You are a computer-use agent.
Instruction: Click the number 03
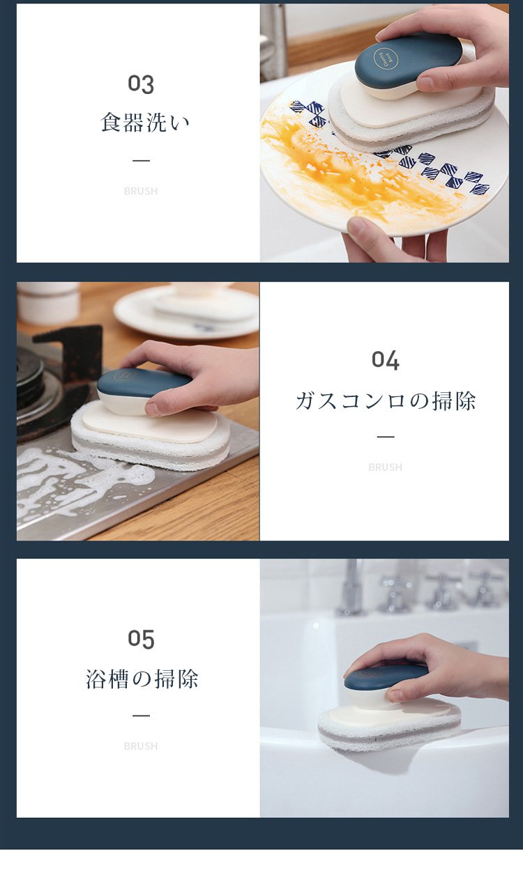(141, 84)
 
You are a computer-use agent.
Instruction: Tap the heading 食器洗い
(145, 123)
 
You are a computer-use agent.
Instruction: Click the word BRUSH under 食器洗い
(141, 191)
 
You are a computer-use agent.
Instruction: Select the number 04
(385, 360)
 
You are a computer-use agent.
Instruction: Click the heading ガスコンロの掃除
(385, 401)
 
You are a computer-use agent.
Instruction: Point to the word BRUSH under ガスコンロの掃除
(385, 467)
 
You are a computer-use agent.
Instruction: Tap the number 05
(141, 639)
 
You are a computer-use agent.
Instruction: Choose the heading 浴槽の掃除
(142, 678)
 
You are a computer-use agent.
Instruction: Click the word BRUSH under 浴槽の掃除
(141, 746)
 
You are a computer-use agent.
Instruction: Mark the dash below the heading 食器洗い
(141, 161)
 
